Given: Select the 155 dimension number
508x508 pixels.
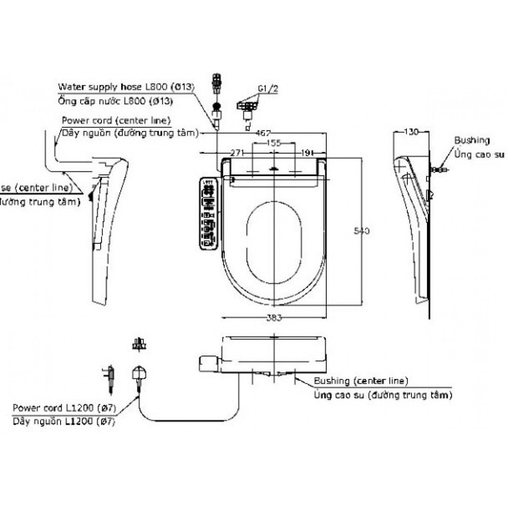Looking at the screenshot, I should (274, 144).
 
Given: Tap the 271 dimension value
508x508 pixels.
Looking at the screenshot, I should (238, 152).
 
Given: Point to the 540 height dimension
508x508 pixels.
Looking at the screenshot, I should (362, 232).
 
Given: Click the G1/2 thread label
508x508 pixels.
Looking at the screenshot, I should (266, 88).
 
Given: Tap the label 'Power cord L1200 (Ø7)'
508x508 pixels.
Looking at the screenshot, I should (64, 408).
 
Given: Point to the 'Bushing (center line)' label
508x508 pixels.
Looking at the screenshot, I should (361, 381).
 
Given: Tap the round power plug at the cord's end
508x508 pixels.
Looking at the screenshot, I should (139, 374).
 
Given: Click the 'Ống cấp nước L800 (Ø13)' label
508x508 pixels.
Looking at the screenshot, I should (116, 101).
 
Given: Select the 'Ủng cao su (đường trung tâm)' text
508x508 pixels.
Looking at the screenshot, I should (383, 396).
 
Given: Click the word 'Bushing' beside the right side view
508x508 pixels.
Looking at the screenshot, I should (472, 140).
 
